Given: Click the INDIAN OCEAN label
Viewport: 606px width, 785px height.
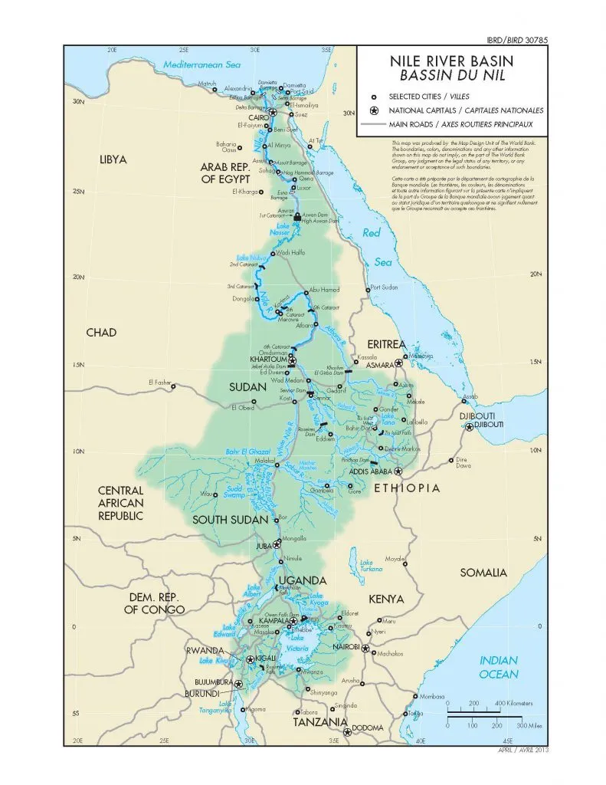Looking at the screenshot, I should point(499,667).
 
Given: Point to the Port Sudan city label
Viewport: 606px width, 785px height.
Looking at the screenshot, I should point(385,289).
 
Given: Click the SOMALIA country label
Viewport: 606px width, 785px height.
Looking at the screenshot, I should point(483,573).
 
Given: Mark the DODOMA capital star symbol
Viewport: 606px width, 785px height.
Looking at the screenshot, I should point(348,732).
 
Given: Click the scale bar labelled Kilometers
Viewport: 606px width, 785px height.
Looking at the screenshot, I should point(483,714).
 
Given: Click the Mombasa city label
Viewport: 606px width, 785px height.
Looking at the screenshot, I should point(432,697).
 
